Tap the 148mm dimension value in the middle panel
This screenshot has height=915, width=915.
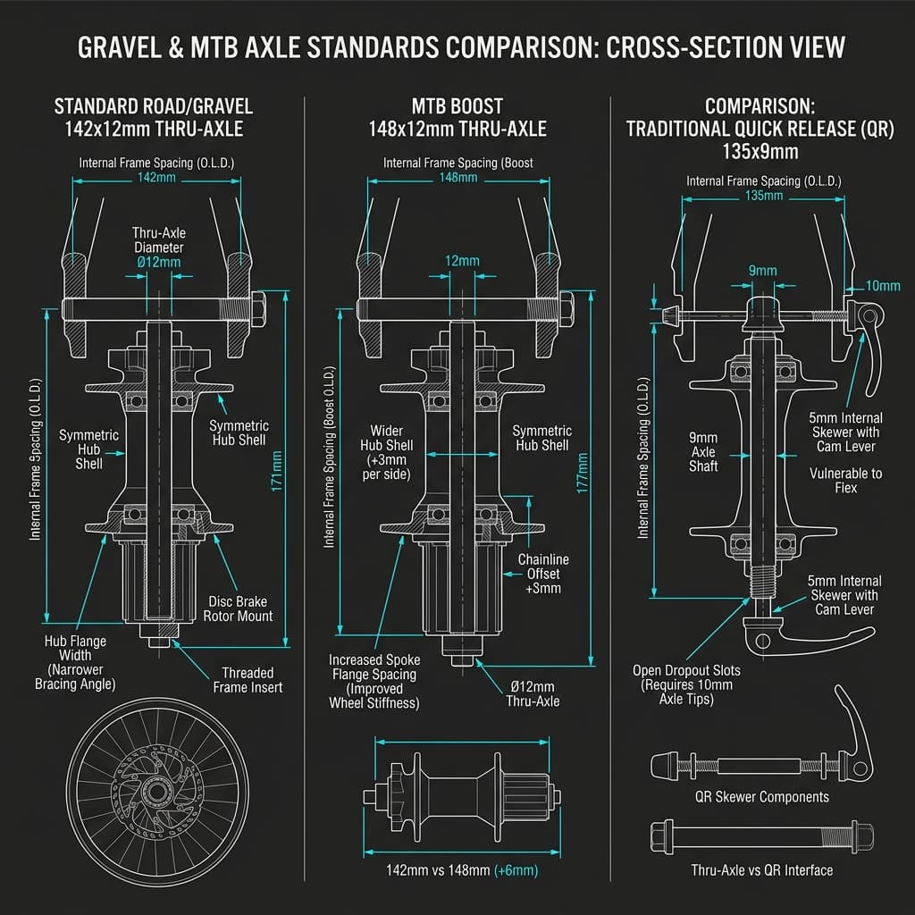(x=457, y=178)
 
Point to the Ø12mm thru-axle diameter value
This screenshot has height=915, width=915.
(x=160, y=262)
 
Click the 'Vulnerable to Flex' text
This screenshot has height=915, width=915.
(x=845, y=481)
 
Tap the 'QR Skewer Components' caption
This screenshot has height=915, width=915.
(x=762, y=796)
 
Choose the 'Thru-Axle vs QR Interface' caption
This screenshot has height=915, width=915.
(x=762, y=869)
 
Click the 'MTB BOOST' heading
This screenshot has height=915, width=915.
(x=457, y=106)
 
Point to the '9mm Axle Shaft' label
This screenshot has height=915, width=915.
(x=704, y=451)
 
